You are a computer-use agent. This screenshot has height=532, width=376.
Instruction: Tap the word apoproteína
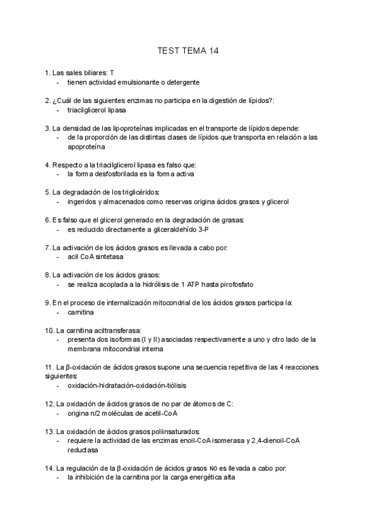pyautogui.click(x=87, y=146)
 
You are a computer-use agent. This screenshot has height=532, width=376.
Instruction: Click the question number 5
pyautogui.click(x=48, y=192)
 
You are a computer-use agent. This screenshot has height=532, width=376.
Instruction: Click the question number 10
pyautogui.click(x=50, y=330)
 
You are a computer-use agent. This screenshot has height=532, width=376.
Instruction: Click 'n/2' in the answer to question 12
pyautogui.click(x=95, y=413)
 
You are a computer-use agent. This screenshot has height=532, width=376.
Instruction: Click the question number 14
pyautogui.click(x=50, y=468)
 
